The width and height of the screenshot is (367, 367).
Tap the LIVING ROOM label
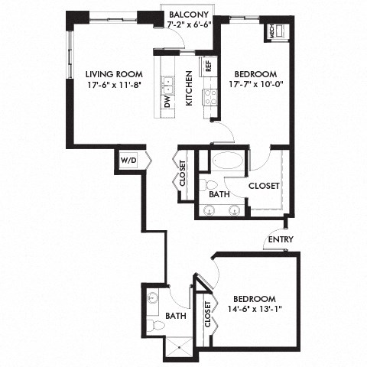tap(107, 73)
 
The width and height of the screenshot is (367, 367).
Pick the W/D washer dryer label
tap(127, 161)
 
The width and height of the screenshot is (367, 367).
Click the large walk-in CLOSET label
tap(262, 185)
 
